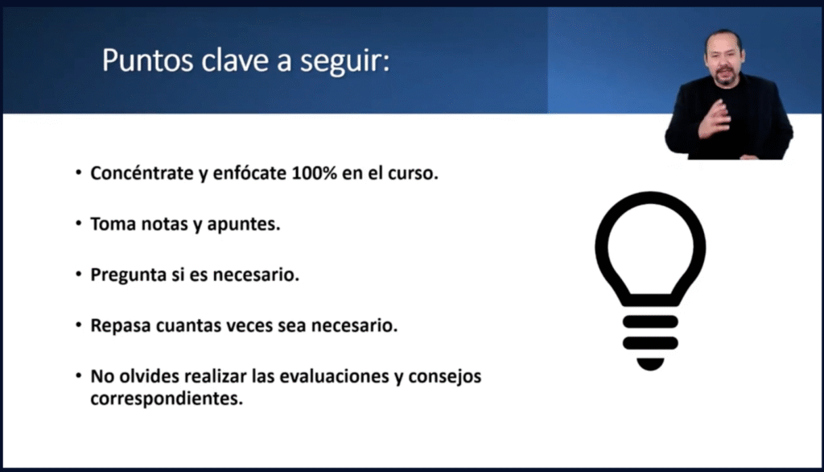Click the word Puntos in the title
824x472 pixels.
pyautogui.click(x=148, y=60)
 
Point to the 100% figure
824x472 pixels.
pyautogui.click(x=314, y=172)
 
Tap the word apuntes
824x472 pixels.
pyautogui.click(x=243, y=225)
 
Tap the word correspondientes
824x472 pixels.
pyautogui.click(x=167, y=399)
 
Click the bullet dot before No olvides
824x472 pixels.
pyautogui.click(x=78, y=375)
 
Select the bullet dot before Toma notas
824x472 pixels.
pyautogui.click(x=78, y=223)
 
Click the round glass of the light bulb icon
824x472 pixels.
pyautogui.click(x=602, y=247)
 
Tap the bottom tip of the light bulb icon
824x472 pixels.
pyautogui.click(x=650, y=370)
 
